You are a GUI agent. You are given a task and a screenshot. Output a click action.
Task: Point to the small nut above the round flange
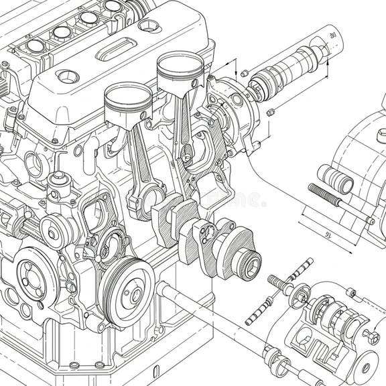[x=245, y=72]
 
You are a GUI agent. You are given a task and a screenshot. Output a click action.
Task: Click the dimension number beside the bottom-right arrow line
[x=328, y=235]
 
